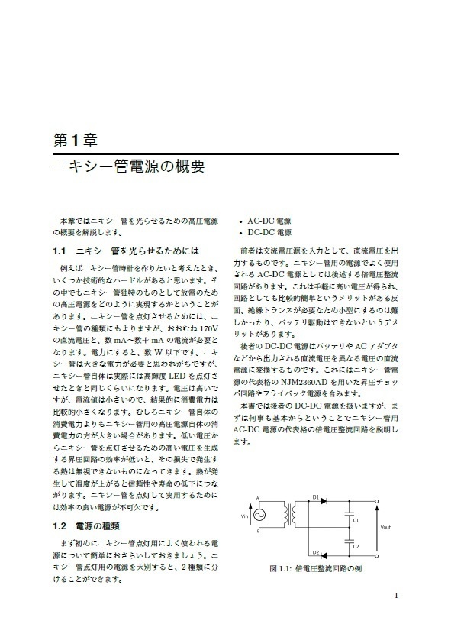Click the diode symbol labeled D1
(x=323, y=500)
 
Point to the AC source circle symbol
(x=258, y=517)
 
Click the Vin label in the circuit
(x=245, y=517)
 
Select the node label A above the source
(x=257, y=499)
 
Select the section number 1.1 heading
(x=61, y=250)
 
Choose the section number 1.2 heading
(x=61, y=526)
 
